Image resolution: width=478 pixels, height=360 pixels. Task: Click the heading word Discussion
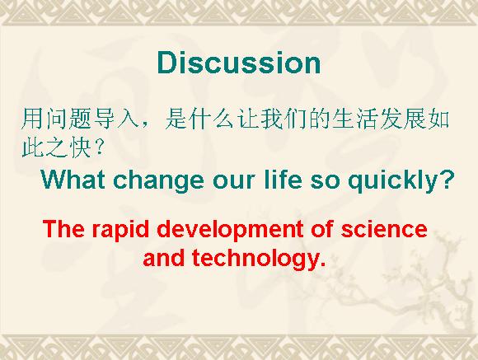pyautogui.click(x=239, y=63)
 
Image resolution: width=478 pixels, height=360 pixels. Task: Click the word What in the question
pyautogui.click(x=73, y=180)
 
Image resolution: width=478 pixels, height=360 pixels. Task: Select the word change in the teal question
pyautogui.click(x=158, y=181)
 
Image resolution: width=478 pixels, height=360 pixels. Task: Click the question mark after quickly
pyautogui.click(x=444, y=180)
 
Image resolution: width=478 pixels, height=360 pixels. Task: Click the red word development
pyautogui.click(x=230, y=230)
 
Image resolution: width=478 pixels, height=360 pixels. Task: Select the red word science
pyautogui.click(x=384, y=229)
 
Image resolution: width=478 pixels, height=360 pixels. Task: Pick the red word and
pyautogui.click(x=164, y=258)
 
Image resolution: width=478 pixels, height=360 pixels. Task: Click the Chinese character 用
pyautogui.click(x=32, y=119)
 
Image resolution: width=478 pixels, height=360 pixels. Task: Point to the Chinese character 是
pyautogui.click(x=176, y=119)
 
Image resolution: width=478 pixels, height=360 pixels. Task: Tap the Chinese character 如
pyautogui.click(x=438, y=119)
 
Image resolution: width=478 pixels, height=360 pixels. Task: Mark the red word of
pyautogui.click(x=322, y=229)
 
